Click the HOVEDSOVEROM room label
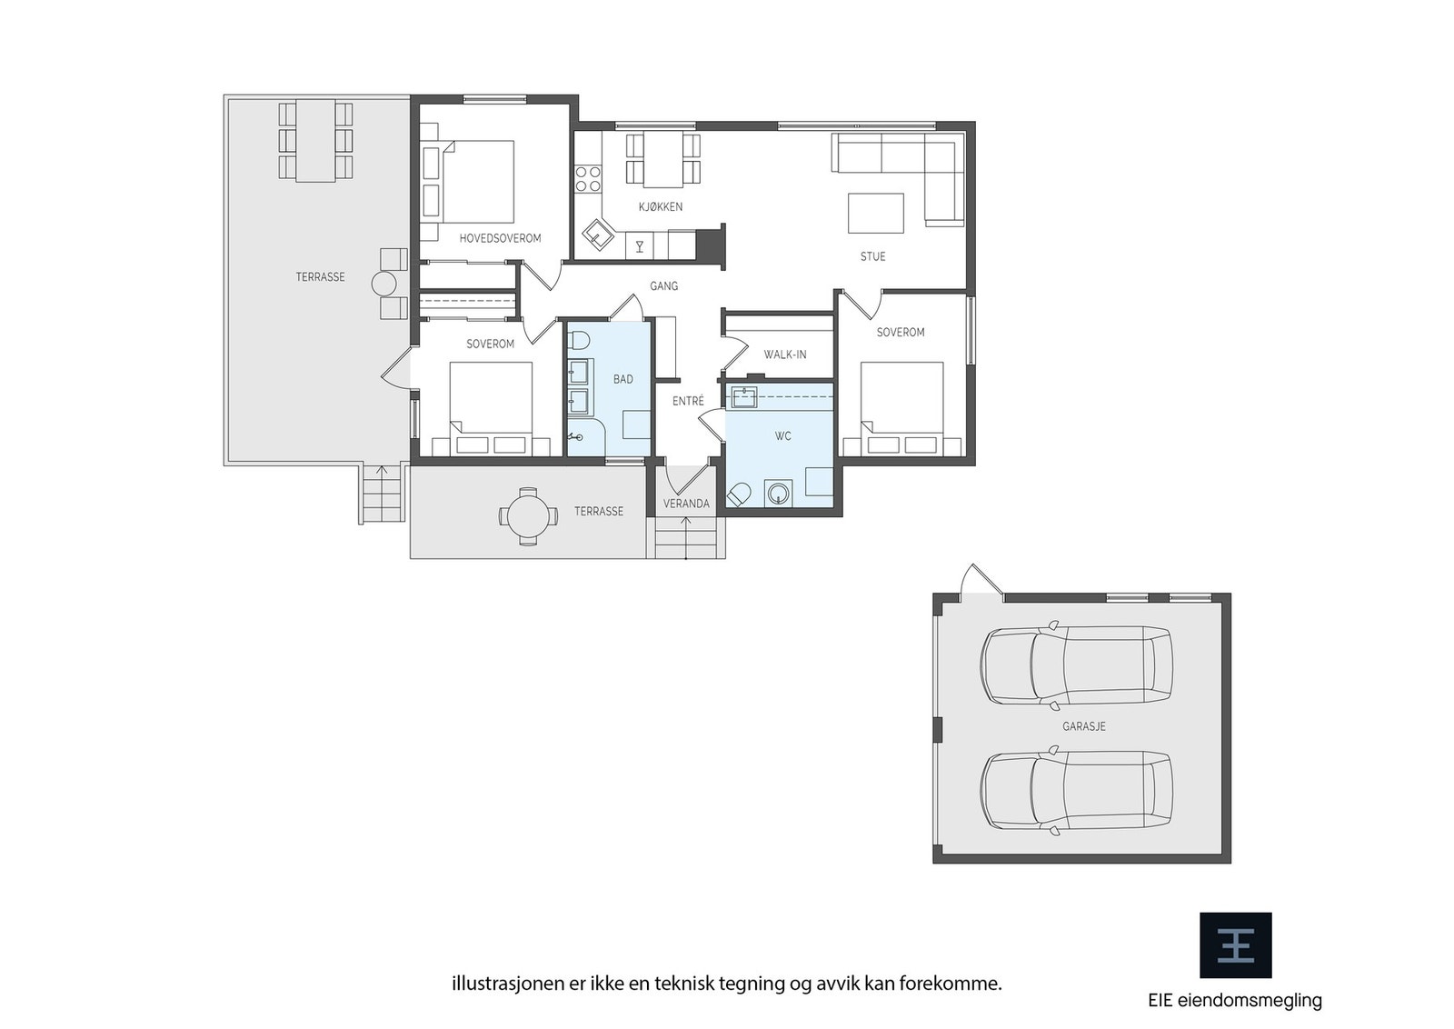click(x=500, y=238)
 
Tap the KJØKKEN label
click(x=661, y=207)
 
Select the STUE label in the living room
click(x=872, y=256)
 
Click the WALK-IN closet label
click(x=784, y=355)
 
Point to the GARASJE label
click(x=1083, y=727)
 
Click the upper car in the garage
click(x=1076, y=665)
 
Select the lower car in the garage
click(x=1076, y=791)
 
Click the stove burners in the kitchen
click(x=588, y=178)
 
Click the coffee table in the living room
click(x=875, y=214)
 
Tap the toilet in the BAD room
click(x=579, y=341)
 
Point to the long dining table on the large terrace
click(x=315, y=141)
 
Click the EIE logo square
click(x=1235, y=945)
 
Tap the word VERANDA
click(x=686, y=504)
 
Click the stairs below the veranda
click(x=686, y=538)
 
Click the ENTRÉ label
click(x=688, y=401)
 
